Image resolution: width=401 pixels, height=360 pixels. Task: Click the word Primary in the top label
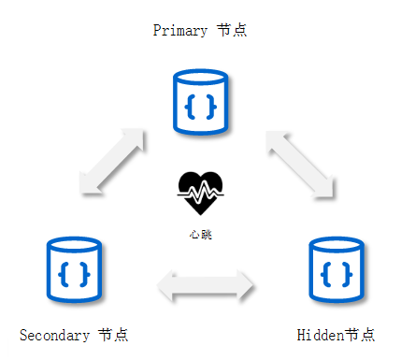click(x=180, y=31)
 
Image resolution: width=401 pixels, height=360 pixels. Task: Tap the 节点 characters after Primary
click(x=232, y=30)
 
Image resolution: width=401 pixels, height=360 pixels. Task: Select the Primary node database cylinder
click(x=200, y=102)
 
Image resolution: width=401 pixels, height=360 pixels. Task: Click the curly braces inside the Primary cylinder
click(x=200, y=107)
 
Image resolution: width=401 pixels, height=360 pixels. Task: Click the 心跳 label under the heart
click(x=201, y=235)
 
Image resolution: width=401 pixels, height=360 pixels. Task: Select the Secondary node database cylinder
click(x=74, y=269)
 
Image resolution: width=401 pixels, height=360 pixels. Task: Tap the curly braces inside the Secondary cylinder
click(x=74, y=274)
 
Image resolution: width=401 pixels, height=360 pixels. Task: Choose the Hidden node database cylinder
click(x=337, y=269)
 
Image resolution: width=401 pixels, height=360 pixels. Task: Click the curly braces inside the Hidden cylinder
click(x=337, y=274)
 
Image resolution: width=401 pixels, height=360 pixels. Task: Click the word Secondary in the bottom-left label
click(x=54, y=336)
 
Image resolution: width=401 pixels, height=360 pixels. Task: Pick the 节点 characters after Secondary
click(x=113, y=335)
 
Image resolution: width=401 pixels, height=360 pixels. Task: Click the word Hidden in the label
click(x=321, y=336)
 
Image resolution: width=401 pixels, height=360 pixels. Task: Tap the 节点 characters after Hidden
click(x=360, y=335)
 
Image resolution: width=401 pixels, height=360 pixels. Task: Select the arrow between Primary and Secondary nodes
click(x=112, y=162)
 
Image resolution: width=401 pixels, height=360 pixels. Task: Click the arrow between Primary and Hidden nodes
click(x=300, y=165)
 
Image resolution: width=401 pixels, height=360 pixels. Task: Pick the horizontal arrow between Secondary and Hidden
click(x=205, y=286)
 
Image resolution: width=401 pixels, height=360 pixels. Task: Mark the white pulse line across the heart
click(x=200, y=192)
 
